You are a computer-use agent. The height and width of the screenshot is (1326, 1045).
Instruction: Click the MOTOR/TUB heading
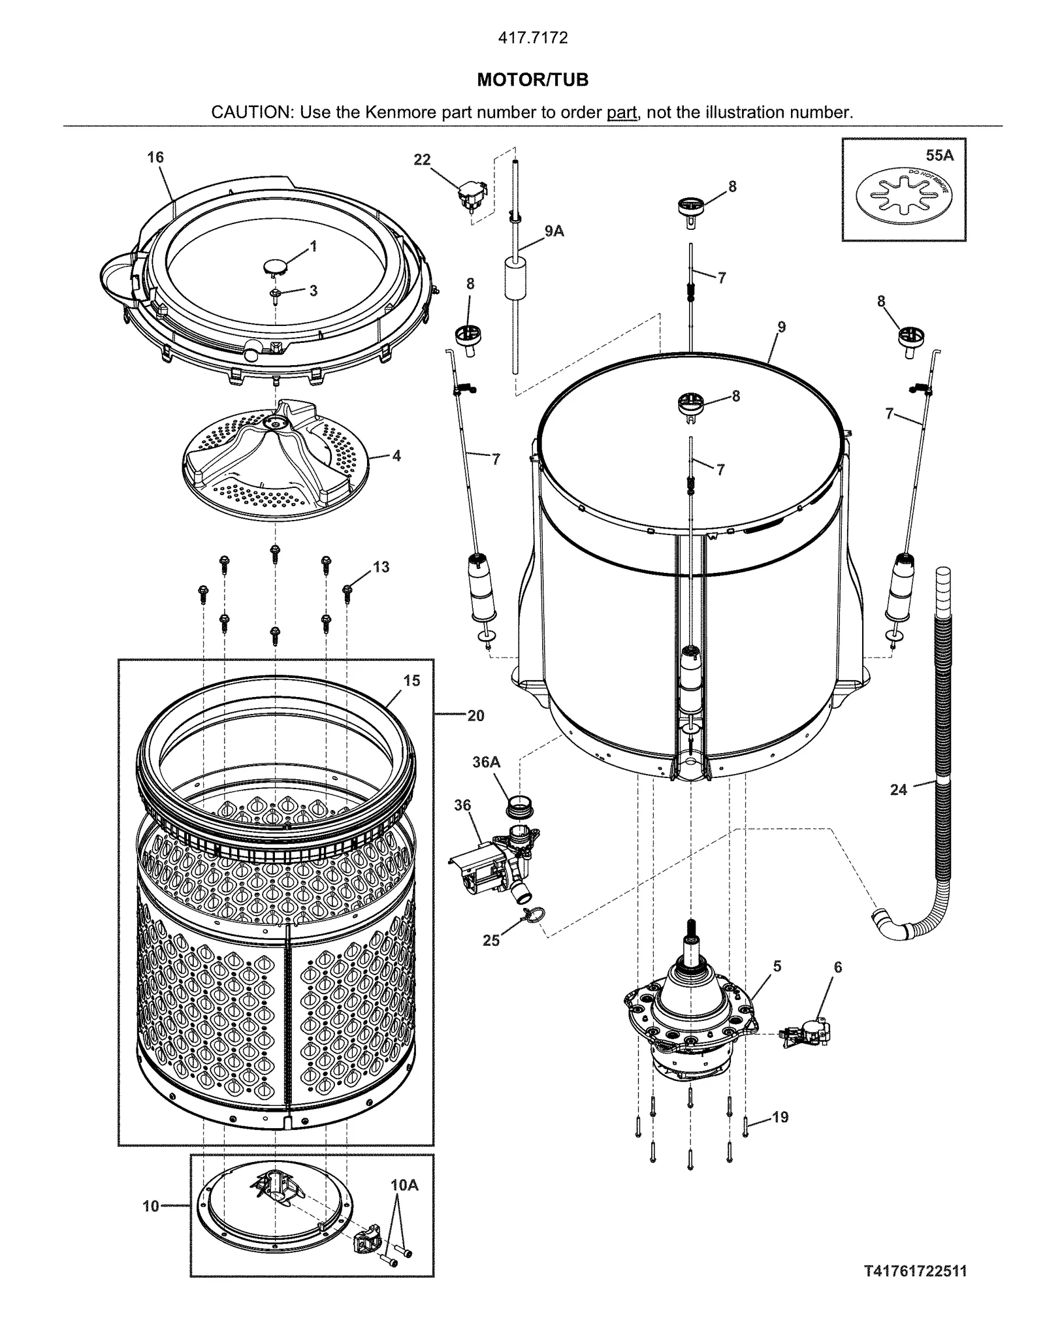point(532,80)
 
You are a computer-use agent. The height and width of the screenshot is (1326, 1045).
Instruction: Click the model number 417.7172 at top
point(532,38)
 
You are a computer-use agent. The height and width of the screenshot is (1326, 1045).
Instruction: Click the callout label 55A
point(939,155)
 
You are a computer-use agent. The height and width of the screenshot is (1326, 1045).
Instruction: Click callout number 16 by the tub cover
point(155,157)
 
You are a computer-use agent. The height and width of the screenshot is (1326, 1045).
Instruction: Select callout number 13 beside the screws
point(381,567)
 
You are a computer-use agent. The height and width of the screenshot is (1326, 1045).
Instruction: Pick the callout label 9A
point(554,231)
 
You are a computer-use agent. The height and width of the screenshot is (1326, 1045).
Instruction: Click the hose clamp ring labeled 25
point(533,918)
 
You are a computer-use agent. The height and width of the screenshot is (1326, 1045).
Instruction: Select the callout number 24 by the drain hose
point(899,790)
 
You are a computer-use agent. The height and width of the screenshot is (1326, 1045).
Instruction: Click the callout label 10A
point(404,1185)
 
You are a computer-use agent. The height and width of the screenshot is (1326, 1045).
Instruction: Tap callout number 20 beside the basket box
point(475,716)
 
